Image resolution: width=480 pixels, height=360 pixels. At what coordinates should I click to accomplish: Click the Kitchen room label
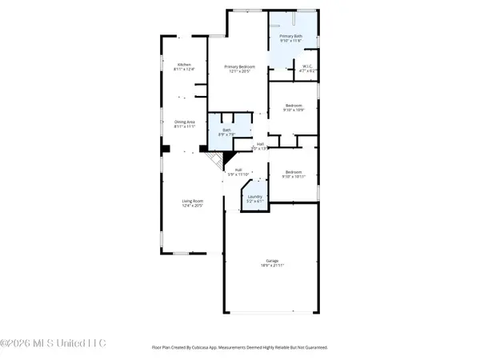[x=184, y=66]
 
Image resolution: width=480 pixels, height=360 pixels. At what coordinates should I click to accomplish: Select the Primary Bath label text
[x=290, y=37]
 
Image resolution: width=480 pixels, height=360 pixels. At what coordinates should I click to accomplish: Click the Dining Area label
[x=185, y=122]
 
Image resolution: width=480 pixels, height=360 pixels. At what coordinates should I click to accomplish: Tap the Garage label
[x=272, y=260]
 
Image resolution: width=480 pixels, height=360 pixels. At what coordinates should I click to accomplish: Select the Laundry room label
[x=255, y=196]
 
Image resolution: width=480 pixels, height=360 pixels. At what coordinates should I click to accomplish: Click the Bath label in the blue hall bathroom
[x=226, y=130]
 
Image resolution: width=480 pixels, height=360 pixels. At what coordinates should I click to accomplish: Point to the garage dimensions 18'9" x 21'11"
[x=272, y=265]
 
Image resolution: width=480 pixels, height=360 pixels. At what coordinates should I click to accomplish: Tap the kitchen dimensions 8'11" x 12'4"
[x=184, y=70]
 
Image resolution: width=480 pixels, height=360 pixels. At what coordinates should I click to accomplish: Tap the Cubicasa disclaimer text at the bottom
[x=240, y=348]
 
